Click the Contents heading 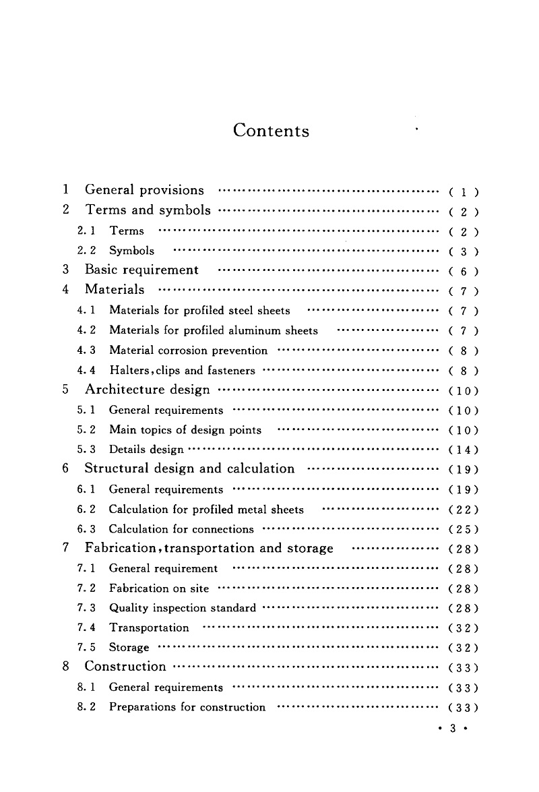(271, 130)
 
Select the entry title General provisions (144, 190)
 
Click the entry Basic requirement (141, 270)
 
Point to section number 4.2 (87, 330)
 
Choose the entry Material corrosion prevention (188, 351)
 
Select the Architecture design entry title (147, 390)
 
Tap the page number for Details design (464, 450)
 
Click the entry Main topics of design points (185, 430)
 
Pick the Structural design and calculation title (189, 469)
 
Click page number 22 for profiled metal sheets (464, 510)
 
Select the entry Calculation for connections (181, 529)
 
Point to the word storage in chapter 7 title (310, 549)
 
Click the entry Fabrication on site (159, 588)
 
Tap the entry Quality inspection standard (182, 608)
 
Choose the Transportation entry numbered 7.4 (149, 628)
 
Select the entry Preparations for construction (187, 707)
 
